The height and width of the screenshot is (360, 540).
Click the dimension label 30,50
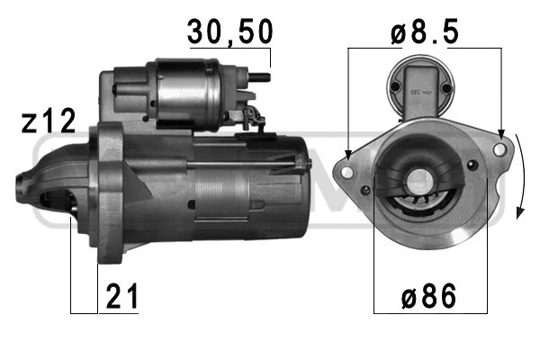tap(229, 32)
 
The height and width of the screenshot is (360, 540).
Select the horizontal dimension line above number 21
tap(84, 312)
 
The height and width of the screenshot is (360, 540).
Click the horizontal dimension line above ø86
tap(423, 312)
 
